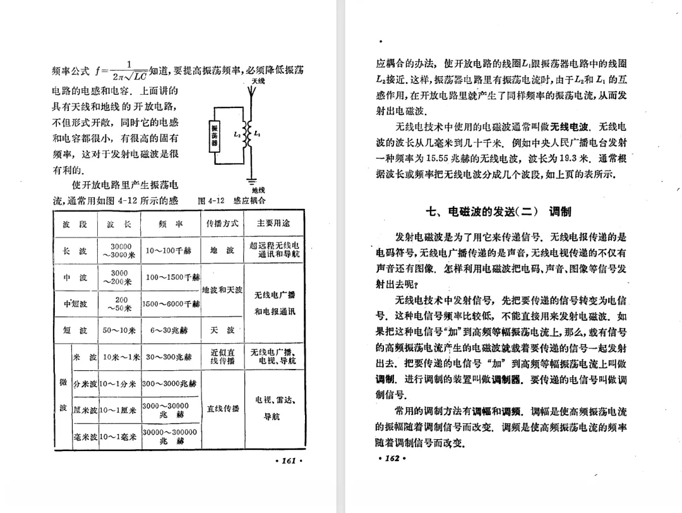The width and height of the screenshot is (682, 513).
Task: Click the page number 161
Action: [290, 461]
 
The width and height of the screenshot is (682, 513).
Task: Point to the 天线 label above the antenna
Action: [258, 81]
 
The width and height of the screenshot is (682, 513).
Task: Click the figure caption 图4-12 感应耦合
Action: [232, 200]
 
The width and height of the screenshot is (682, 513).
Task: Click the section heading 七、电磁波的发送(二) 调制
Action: [499, 211]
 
